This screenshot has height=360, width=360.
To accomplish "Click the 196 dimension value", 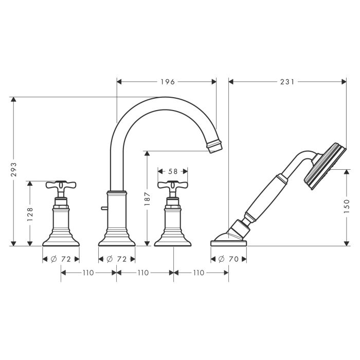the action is point(168,81).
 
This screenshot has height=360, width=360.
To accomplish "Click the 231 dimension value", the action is point(287,81).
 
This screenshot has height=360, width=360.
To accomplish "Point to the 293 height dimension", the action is point(14,169).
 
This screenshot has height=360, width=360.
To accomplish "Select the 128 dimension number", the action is point(30,214).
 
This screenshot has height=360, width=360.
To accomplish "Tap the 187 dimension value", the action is point(147,199).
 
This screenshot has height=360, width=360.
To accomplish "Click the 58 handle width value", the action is point(173,171).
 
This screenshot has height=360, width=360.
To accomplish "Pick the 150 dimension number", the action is point(347,206).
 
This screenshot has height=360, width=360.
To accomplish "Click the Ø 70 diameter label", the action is point(228,259).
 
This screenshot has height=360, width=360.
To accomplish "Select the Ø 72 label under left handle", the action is point(61,259).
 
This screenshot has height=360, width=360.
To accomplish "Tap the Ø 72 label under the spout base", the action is point(117,259).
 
